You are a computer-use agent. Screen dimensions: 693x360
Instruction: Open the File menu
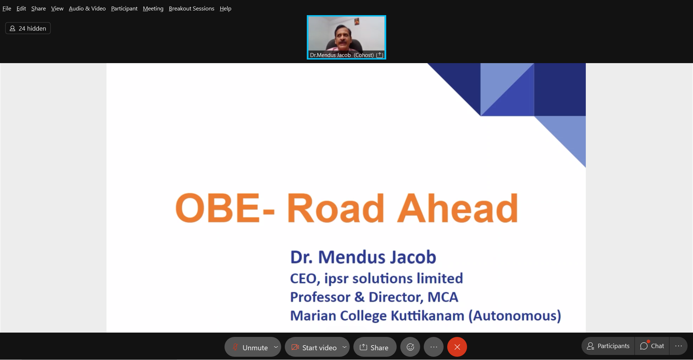pos(7,8)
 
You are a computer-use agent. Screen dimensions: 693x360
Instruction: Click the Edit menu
pos(21,8)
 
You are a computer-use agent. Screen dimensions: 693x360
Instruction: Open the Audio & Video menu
pos(87,8)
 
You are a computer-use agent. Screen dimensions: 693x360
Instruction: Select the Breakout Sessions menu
pos(192,8)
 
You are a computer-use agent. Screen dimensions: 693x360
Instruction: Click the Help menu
pos(226,8)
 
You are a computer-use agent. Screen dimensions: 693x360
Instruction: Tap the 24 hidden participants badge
pos(28,28)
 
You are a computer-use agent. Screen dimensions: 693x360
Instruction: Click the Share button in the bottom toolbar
pos(375,347)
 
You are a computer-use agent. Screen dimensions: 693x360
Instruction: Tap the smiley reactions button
pos(410,347)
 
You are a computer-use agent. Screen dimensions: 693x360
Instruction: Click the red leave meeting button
pos(457,347)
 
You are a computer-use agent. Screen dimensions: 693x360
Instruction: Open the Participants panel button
pos(608,346)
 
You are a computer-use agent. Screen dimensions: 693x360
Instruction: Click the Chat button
pos(652,346)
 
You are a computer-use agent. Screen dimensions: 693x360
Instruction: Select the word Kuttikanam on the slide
pos(428,316)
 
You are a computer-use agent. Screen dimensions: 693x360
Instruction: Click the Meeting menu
pos(153,8)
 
